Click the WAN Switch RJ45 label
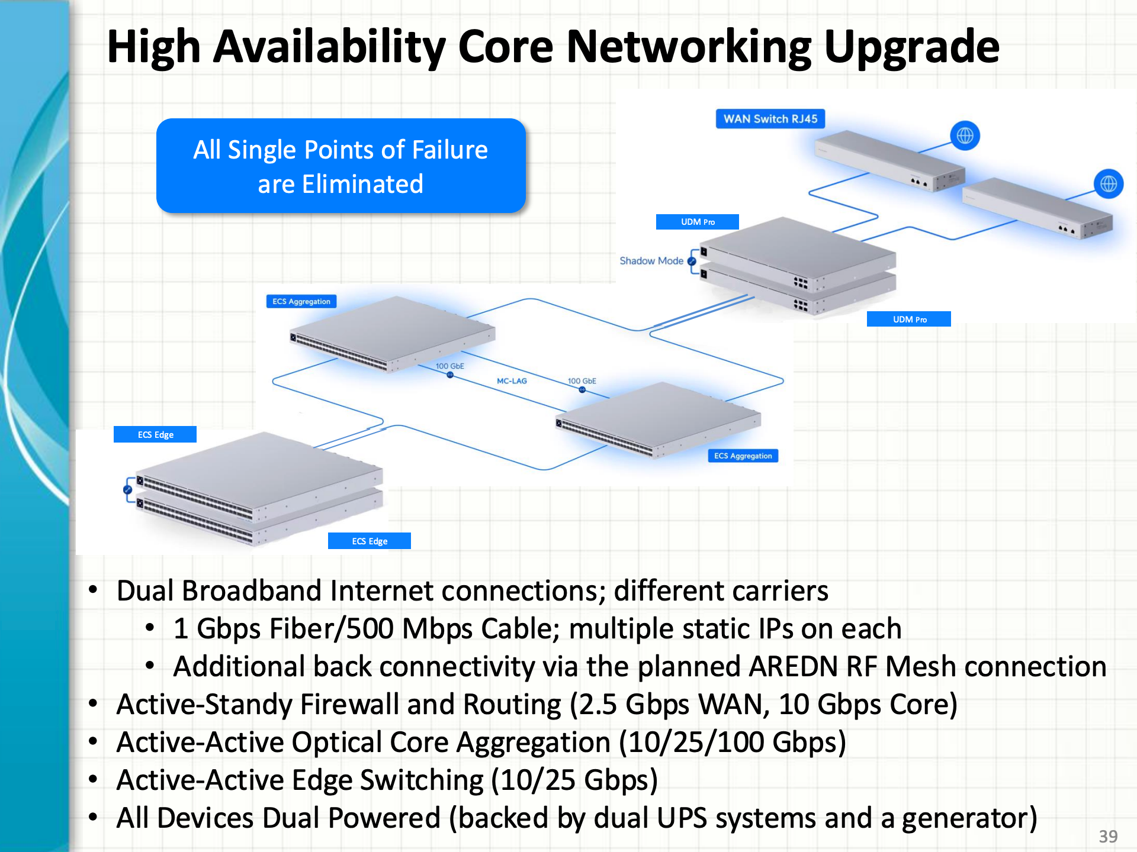[x=770, y=119]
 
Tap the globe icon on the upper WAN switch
[x=965, y=135]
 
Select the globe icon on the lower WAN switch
[x=1108, y=184]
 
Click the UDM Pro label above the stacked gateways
[x=697, y=222]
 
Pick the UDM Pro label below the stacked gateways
[x=909, y=319]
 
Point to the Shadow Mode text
[x=651, y=261]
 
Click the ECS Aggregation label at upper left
[x=301, y=302]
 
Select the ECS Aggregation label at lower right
[x=743, y=456]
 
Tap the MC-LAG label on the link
[x=512, y=381]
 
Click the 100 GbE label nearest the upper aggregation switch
[x=449, y=366]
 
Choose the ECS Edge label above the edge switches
[x=155, y=435]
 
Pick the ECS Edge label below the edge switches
[x=370, y=541]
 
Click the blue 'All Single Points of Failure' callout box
[x=341, y=166]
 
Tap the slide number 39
[x=1108, y=836]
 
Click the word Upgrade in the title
[x=911, y=47]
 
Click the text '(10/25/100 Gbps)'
[x=733, y=743]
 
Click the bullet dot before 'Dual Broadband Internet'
[x=93, y=590]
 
